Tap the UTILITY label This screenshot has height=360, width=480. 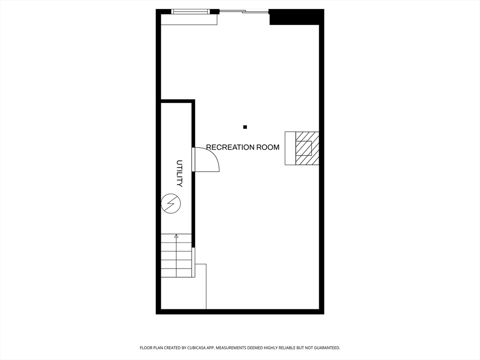[180, 173]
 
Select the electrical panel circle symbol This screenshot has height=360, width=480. [171, 203]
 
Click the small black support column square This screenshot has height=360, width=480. [245, 127]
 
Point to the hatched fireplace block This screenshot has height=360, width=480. [307, 148]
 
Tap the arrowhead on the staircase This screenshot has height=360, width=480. [176, 236]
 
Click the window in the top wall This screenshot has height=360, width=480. [191, 12]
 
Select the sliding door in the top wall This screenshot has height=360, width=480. [244, 12]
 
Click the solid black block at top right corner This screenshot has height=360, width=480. [296, 17]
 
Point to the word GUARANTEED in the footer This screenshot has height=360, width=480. [328, 348]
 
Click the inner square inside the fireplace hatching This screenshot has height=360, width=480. [304, 148]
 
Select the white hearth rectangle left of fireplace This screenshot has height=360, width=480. [290, 148]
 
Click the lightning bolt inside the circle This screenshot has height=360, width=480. [171, 203]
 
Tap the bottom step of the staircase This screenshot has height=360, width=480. [176, 273]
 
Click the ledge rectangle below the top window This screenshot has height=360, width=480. [189, 20]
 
